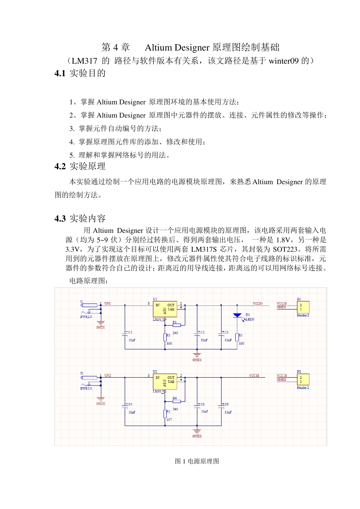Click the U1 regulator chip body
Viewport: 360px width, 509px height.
165,309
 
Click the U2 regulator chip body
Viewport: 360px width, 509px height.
165,382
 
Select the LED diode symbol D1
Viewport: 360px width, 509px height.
237,315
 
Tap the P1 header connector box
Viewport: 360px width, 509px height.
303,307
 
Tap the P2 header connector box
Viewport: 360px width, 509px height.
303,379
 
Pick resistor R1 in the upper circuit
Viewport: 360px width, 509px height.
177,325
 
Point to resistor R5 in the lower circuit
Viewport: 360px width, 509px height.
165,413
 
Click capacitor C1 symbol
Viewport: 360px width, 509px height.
125,335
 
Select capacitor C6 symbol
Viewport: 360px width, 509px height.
221,407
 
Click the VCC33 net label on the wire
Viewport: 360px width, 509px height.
258,303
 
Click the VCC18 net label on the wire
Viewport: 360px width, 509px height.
254,376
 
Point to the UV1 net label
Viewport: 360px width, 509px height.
108,303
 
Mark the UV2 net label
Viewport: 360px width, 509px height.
108,376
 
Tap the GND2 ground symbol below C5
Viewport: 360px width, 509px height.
197,431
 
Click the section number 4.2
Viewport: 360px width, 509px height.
60,167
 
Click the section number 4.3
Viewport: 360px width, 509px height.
60,219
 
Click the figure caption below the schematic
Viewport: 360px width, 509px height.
197,461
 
